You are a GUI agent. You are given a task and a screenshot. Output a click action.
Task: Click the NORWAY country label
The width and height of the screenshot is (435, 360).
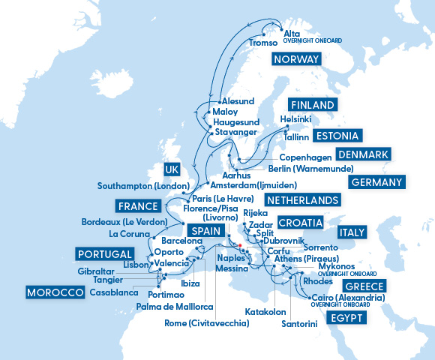click(295, 60)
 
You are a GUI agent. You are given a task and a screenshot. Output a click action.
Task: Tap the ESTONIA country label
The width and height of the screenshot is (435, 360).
click(337, 136)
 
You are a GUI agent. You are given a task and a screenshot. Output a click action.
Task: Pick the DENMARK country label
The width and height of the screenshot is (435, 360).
click(363, 154)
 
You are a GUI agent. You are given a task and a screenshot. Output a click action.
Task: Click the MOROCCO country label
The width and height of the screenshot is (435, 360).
click(54, 292)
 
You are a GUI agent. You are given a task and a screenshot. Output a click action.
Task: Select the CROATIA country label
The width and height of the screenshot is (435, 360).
click(300, 223)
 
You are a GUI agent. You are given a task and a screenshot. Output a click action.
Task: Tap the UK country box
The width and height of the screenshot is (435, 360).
click(172, 169)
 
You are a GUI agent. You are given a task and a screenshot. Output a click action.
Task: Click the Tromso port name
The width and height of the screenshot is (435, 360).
click(262, 43)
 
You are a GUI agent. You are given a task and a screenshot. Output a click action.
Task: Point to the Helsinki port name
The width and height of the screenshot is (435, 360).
click(295, 118)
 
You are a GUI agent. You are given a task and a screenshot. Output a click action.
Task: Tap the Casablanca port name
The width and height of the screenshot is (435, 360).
click(113, 292)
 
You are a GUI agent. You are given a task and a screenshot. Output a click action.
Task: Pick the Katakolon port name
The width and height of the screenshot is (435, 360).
click(266, 310)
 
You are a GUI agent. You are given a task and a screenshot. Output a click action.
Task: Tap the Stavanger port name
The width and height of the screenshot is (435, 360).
click(235, 132)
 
